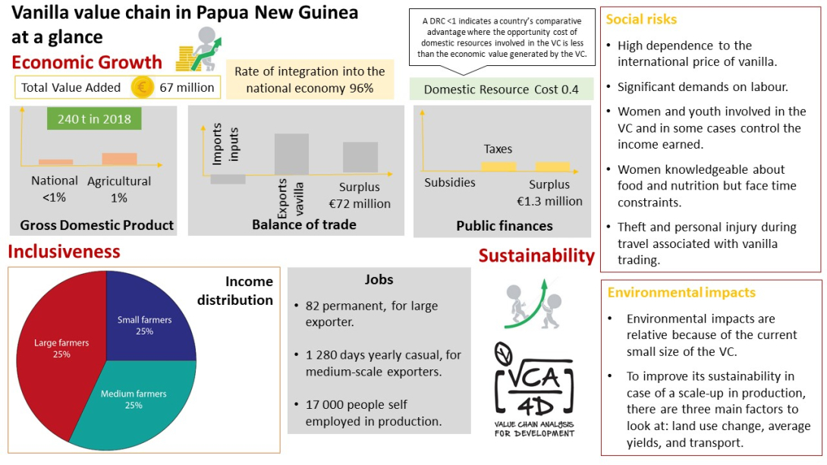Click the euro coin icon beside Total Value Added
point(142,87)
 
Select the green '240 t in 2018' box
point(94,119)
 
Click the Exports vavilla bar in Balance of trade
point(291,154)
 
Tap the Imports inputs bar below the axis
point(228,179)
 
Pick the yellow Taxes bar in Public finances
point(498,165)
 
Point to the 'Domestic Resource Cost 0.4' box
point(501,90)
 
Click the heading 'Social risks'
point(642,19)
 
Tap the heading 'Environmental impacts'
point(681,292)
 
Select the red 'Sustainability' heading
point(536,256)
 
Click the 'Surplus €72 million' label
point(360,196)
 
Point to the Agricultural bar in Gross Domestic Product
point(119,159)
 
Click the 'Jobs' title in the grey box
point(379,279)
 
